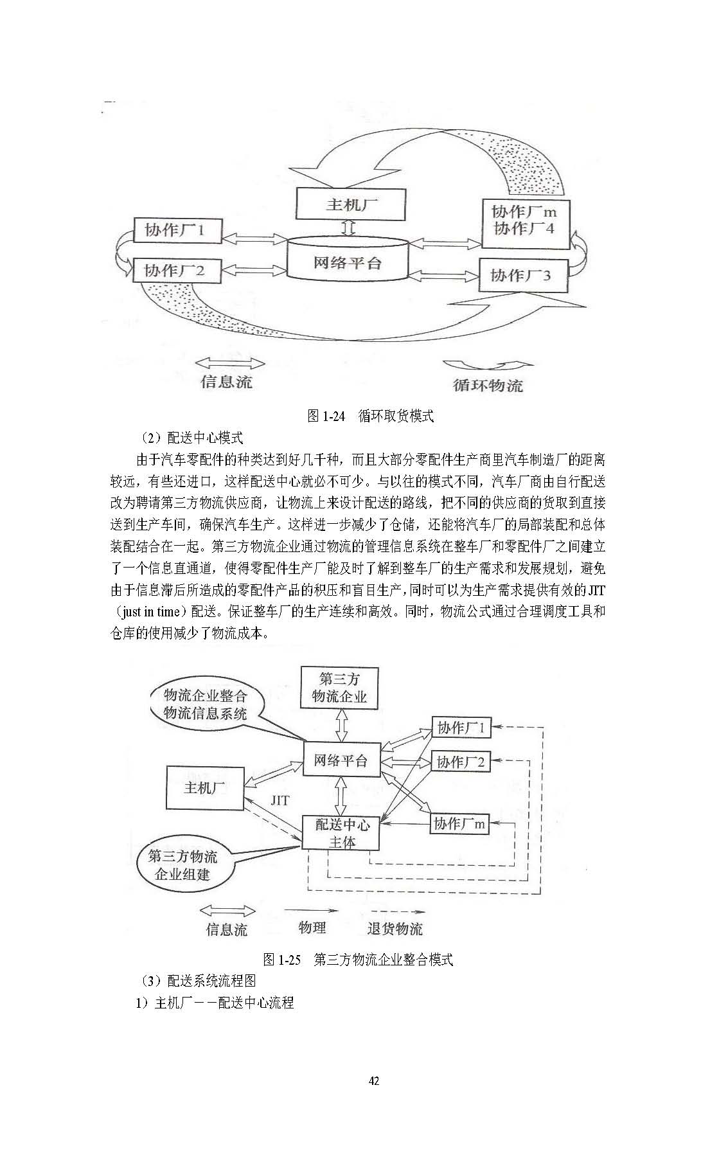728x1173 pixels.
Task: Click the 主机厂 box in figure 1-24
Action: click(x=351, y=204)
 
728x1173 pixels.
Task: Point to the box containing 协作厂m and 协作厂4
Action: click(x=526, y=222)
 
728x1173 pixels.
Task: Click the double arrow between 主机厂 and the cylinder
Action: click(x=347, y=228)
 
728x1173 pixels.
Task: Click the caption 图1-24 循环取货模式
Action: click(x=371, y=416)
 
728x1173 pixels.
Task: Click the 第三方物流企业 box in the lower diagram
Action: click(x=339, y=688)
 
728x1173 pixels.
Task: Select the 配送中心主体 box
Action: click(x=341, y=833)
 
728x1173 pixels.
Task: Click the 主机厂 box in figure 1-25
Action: click(x=205, y=787)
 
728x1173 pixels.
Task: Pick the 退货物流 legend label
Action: click(x=395, y=929)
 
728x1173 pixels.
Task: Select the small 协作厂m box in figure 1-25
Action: click(x=459, y=823)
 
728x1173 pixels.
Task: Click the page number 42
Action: click(x=374, y=1081)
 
